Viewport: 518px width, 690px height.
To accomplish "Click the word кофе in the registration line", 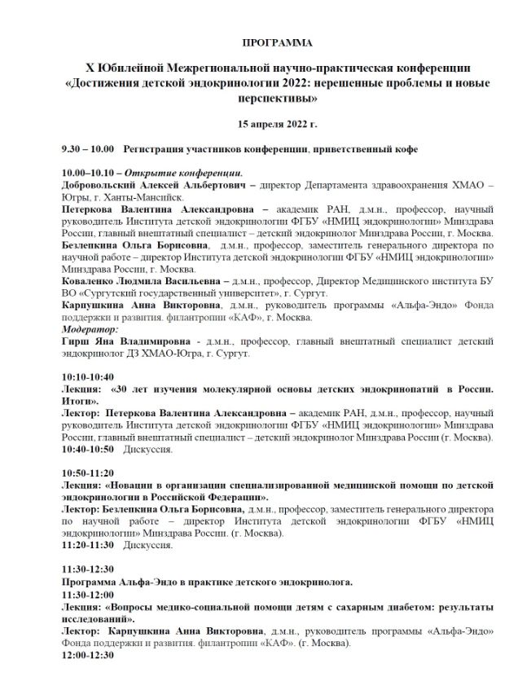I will click(406, 150).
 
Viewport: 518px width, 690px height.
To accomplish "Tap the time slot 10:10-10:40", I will click(88, 377).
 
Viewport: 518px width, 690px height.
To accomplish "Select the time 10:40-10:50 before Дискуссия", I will click(88, 449).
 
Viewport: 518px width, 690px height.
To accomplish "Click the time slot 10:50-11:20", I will click(88, 472).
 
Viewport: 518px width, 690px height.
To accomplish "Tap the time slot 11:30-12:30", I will click(88, 569).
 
